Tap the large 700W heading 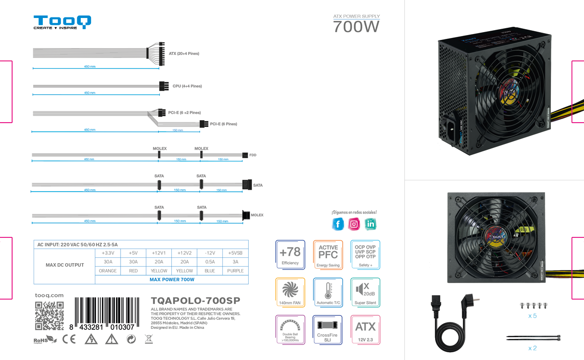click(356, 27)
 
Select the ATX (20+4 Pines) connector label click(184, 54)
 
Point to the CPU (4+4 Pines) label click(187, 86)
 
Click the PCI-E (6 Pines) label click(223, 124)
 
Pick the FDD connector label click(253, 155)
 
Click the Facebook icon click(338, 224)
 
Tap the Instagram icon click(355, 224)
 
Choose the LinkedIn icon click(371, 224)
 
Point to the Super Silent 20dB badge click(365, 292)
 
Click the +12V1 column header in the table click(159, 253)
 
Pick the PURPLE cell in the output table click(236, 270)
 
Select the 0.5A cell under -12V click(210, 262)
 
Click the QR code click(49, 316)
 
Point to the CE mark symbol click(69, 339)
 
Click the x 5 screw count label click(532, 316)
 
